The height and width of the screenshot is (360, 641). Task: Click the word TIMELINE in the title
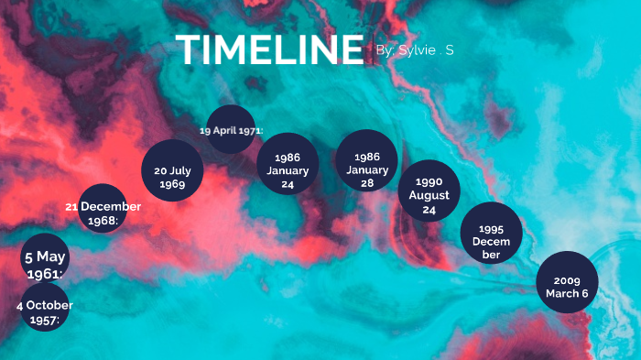click(269, 49)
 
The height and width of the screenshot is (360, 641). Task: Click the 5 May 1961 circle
click(44, 258)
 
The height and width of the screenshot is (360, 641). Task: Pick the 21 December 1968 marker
click(103, 210)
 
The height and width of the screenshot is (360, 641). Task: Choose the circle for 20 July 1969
click(171, 170)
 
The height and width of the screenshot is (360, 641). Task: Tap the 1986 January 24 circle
click(287, 164)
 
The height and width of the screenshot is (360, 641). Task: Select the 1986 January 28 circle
click(367, 161)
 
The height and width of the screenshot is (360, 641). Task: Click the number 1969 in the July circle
click(171, 184)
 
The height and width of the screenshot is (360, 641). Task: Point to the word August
click(429, 195)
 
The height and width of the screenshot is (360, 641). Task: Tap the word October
click(49, 305)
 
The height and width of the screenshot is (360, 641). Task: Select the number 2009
click(567, 280)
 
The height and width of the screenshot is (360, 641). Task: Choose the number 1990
click(429, 182)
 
